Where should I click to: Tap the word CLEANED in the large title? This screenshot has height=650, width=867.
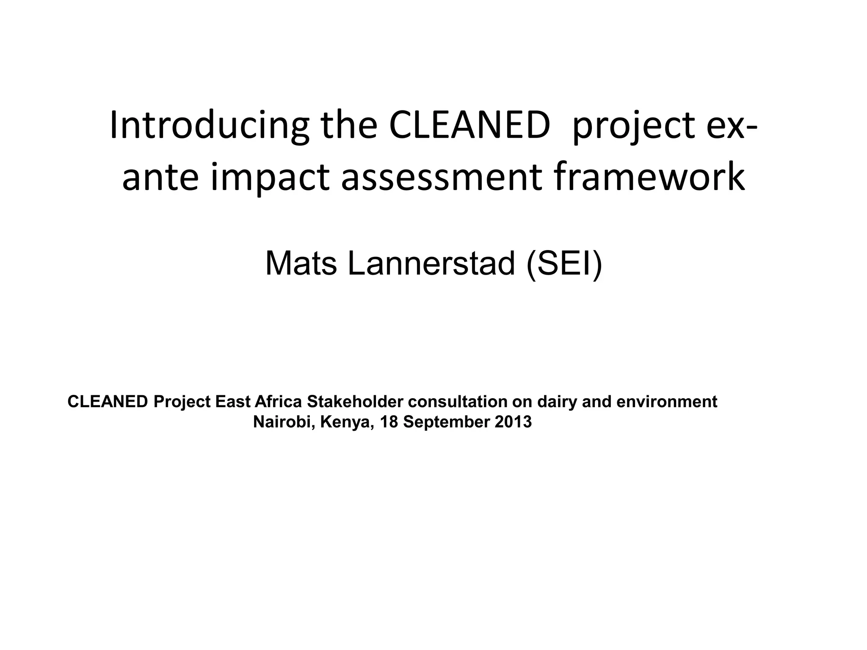(469, 126)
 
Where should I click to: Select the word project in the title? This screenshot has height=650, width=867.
(633, 126)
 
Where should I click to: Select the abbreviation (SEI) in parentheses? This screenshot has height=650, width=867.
(564, 263)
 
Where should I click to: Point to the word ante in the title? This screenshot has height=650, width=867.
(160, 178)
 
